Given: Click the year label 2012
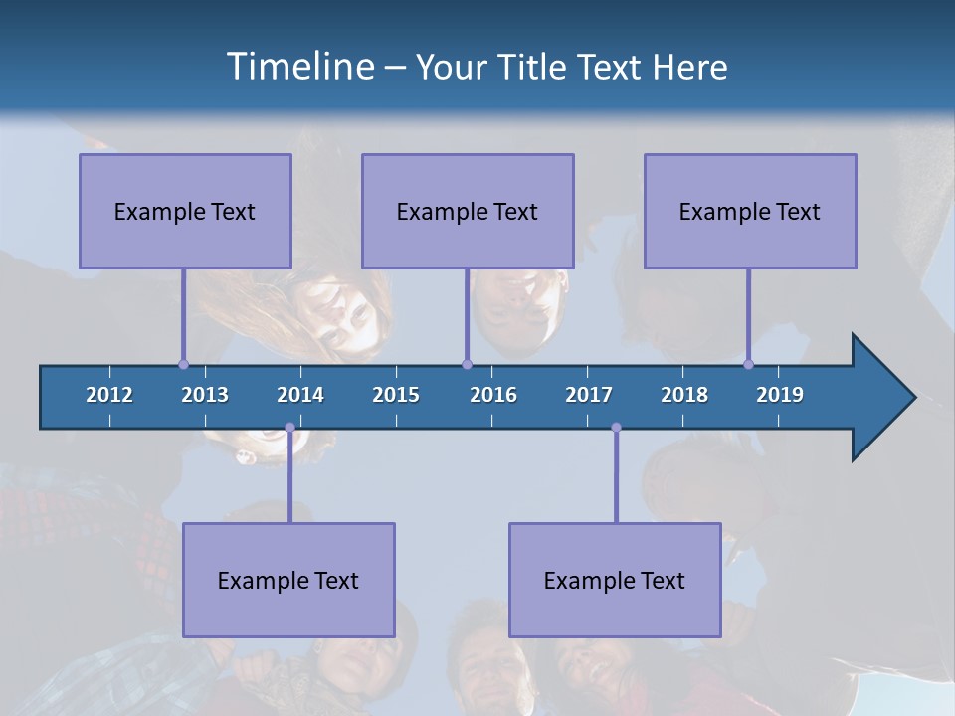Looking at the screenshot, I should point(109,395).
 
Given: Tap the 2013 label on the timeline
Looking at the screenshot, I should point(205,395).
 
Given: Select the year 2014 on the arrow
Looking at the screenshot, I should point(300,395).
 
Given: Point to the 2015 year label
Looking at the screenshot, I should point(396,395).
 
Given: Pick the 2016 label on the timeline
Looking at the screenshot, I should point(493,395).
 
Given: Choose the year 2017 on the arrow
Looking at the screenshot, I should point(589,395).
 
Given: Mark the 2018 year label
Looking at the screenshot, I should point(684,395).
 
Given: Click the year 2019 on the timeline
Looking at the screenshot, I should point(780,395).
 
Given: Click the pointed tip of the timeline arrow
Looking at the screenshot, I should point(912,398).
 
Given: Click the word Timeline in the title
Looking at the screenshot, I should point(298,67).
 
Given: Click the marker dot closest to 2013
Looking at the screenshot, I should point(183,364).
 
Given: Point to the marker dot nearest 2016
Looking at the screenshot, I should point(467,364).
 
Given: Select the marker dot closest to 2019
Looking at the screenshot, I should point(748,364).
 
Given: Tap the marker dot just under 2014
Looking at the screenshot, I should point(289,428).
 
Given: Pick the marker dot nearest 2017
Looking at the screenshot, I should point(616,428).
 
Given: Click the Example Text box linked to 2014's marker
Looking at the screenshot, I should point(288,580).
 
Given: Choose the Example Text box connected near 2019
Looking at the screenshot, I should point(750,211).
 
